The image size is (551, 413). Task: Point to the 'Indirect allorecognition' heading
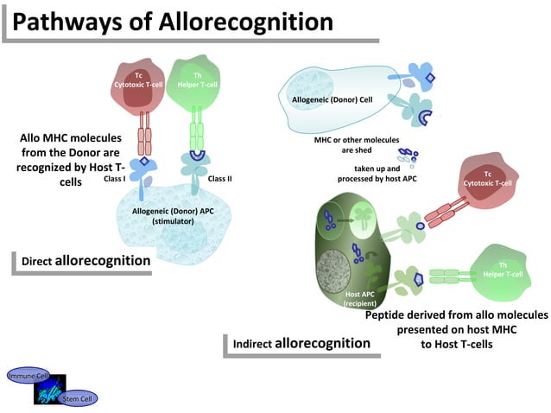pyautogui.click(x=301, y=343)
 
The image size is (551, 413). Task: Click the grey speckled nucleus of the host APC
pyautogui.click(x=339, y=268)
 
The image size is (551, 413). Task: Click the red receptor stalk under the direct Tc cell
pyautogui.click(x=144, y=134)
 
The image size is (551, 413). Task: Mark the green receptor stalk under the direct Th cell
pyautogui.click(x=199, y=134)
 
